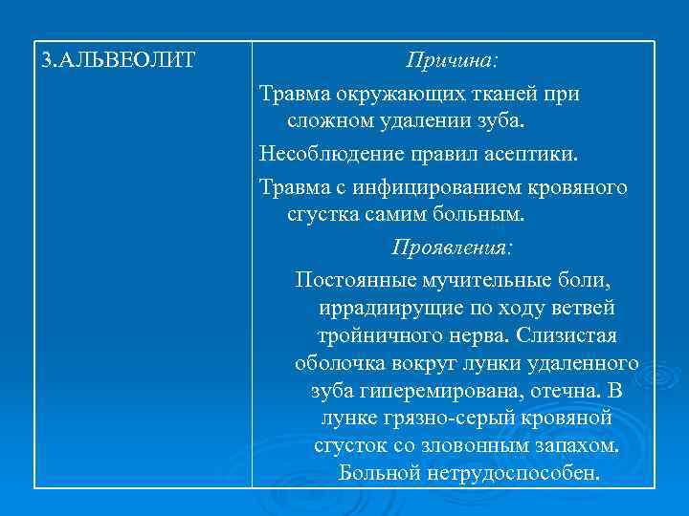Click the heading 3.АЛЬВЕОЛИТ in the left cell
119,62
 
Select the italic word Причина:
452,62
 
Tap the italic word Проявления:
452,247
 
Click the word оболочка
340,364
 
